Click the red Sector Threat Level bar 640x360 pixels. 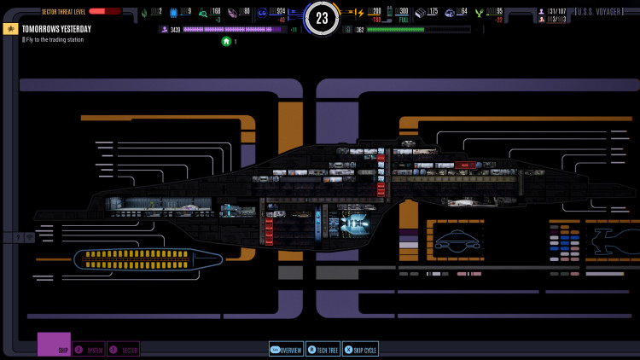(x=103, y=11)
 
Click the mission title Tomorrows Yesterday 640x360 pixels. (x=56, y=29)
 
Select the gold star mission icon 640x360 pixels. (x=10, y=29)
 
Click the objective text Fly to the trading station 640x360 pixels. (x=54, y=39)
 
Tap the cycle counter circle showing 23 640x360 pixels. (x=322, y=18)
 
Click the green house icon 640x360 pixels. (x=226, y=41)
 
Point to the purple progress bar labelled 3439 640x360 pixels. (x=234, y=29)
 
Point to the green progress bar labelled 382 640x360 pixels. (x=418, y=29)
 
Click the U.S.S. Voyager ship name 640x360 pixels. (x=596, y=11)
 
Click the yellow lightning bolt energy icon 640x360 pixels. (x=359, y=12)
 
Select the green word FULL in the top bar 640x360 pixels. (x=403, y=20)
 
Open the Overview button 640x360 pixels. (x=287, y=349)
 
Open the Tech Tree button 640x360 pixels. (x=323, y=349)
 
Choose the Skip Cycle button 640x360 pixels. (x=360, y=349)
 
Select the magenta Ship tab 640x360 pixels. (x=54, y=345)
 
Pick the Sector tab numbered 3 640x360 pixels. (x=124, y=349)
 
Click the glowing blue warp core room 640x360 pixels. (x=353, y=224)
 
